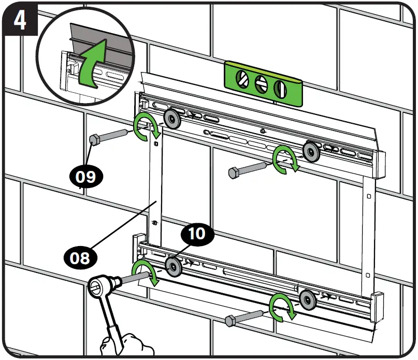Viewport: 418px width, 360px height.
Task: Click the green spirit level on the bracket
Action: pyautogui.click(x=263, y=83)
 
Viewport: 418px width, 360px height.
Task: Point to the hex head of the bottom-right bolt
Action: pyautogui.click(x=230, y=321)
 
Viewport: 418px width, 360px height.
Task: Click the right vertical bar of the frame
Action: pyautogui.click(x=368, y=233)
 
